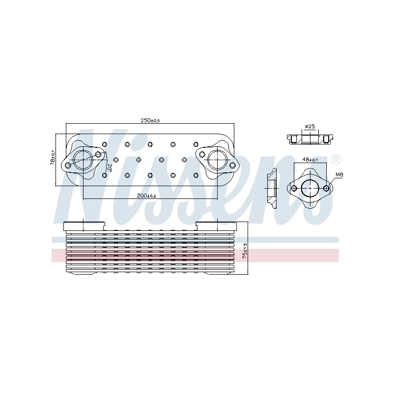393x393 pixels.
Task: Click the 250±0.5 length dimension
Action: click(150, 120)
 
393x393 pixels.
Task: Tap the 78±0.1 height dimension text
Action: click(53, 158)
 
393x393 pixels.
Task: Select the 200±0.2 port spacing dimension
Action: click(146, 196)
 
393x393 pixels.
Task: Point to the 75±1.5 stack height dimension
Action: click(245, 251)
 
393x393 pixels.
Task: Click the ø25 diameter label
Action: click(310, 126)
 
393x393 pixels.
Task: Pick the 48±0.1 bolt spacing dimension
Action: click(310, 159)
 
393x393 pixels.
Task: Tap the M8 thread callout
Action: click(339, 174)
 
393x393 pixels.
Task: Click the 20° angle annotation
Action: click(109, 167)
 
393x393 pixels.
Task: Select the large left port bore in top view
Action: click(83, 160)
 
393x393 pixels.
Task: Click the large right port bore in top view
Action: click(218, 160)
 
